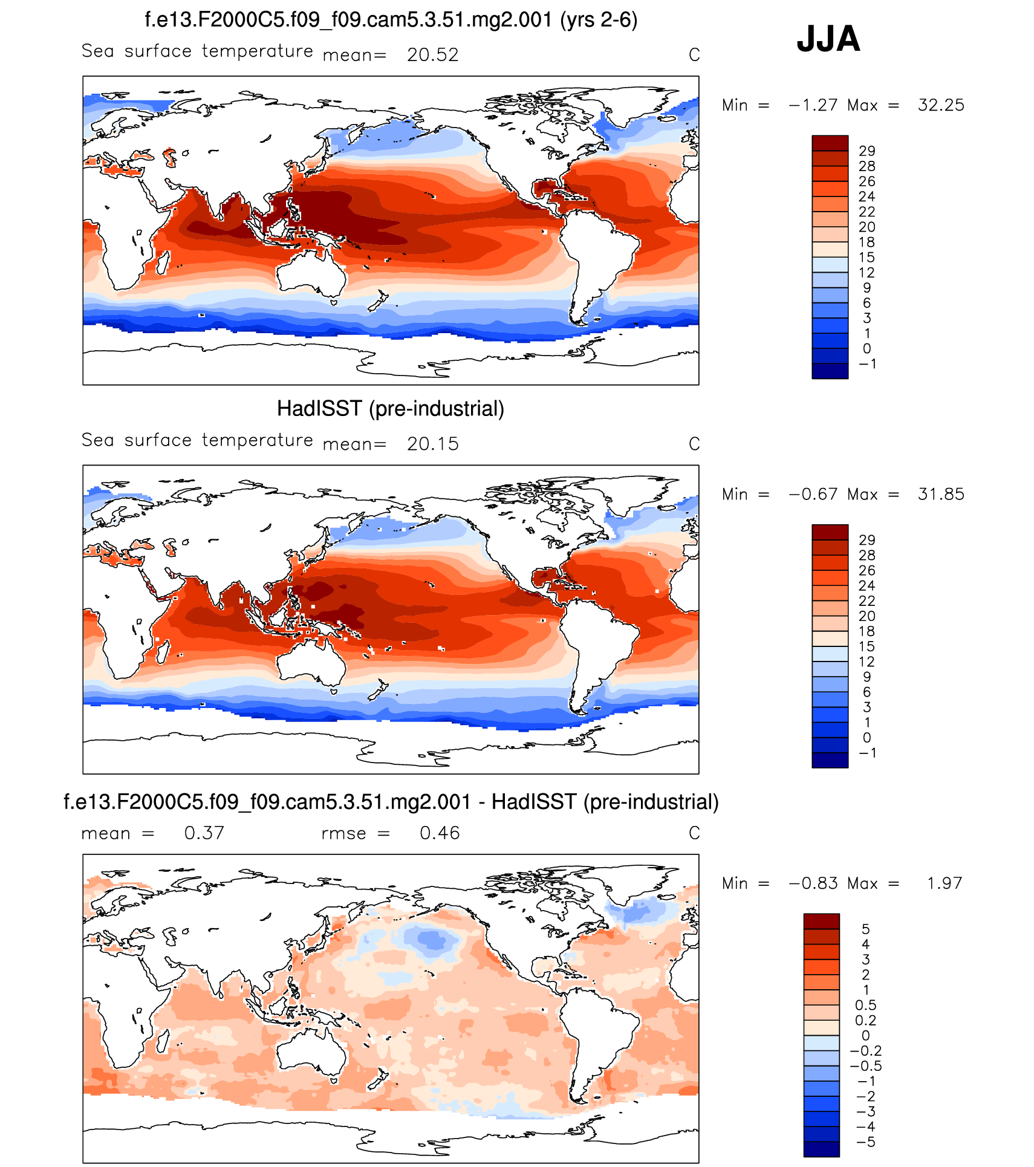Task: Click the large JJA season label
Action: click(x=828, y=39)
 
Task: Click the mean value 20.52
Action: click(x=432, y=55)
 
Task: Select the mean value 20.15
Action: click(x=432, y=444)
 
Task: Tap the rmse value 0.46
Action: click(x=440, y=833)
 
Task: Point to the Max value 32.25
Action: click(x=941, y=105)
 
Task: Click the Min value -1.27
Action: click(x=813, y=105)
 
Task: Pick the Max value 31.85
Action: click(x=941, y=495)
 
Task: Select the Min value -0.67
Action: click(x=813, y=495)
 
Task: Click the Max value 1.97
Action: click(x=945, y=883)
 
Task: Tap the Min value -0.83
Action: click(x=813, y=883)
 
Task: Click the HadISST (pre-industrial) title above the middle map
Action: click(x=391, y=409)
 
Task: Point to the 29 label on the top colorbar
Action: click(x=867, y=151)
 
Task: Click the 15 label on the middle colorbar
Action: click(x=867, y=646)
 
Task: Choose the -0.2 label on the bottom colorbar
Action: click(x=866, y=1051)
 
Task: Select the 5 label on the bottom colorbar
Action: click(x=866, y=929)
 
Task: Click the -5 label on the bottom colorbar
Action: click(x=866, y=1142)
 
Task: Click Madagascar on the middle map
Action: click(x=162, y=652)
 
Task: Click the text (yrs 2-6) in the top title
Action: click(x=599, y=20)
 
